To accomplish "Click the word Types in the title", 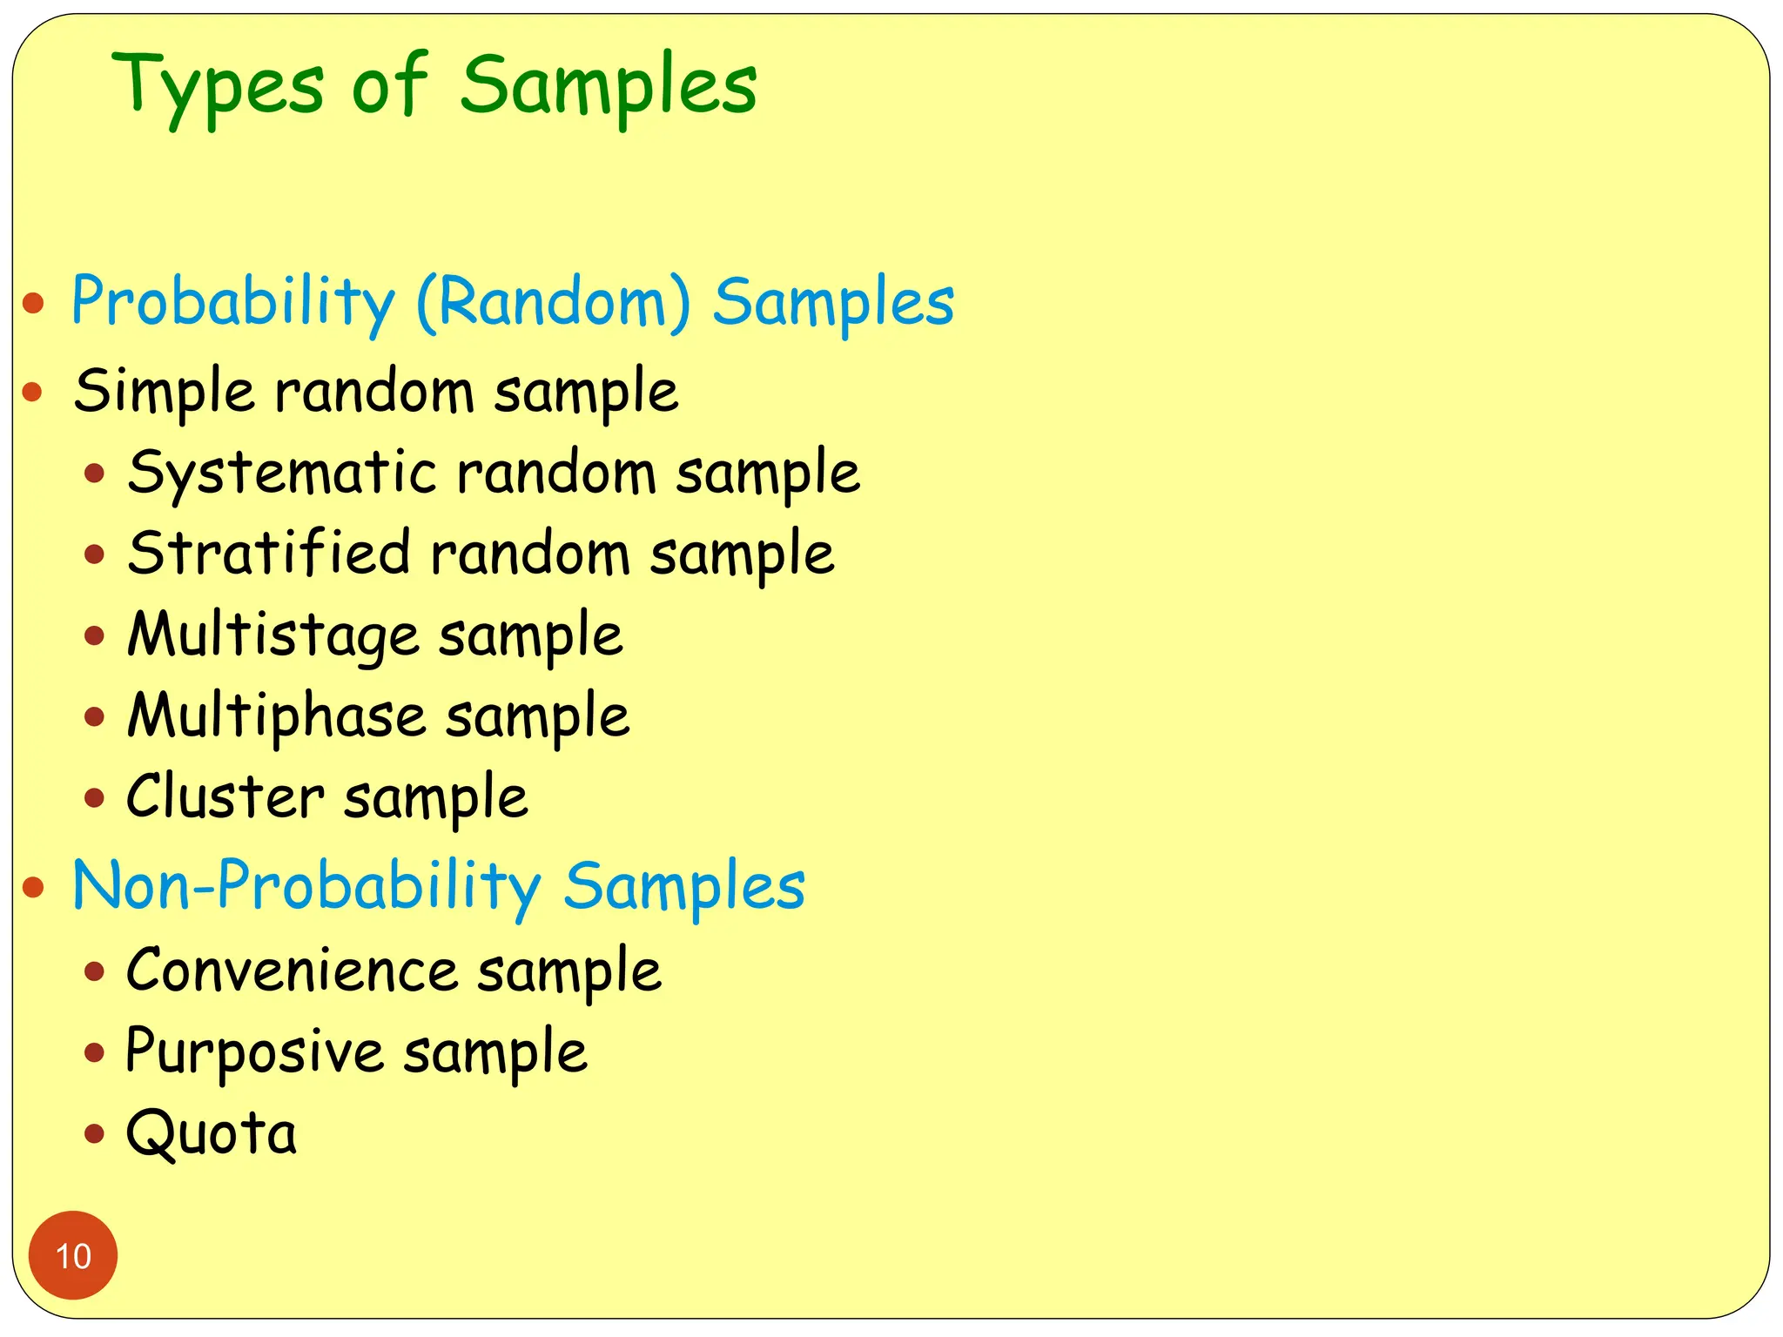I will (x=218, y=87).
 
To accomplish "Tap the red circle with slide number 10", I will (x=73, y=1255).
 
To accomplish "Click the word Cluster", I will (x=225, y=796).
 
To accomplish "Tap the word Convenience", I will (x=292, y=970).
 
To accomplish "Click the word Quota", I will (x=212, y=1134).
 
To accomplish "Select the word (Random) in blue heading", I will (x=554, y=302).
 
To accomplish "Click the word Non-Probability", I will (x=306, y=887).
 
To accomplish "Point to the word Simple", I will (x=165, y=391).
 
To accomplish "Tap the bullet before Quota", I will (x=95, y=1133).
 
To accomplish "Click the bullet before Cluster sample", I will (x=95, y=797).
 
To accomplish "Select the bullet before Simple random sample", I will (x=33, y=392).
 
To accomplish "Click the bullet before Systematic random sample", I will (x=95, y=474).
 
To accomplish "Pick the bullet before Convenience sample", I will (x=95, y=971).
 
